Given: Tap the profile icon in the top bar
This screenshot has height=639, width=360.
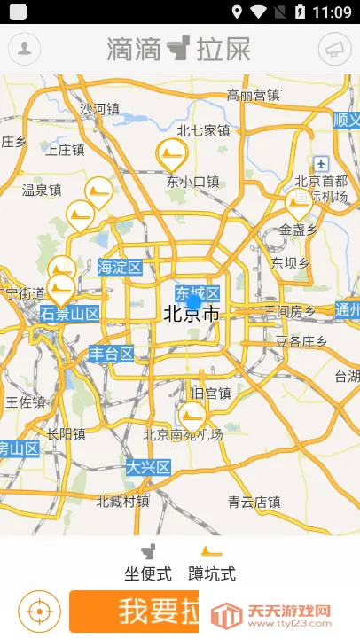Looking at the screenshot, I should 25,48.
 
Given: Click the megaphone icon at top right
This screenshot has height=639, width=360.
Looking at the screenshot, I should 333,48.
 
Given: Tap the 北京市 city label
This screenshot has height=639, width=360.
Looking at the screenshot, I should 192,313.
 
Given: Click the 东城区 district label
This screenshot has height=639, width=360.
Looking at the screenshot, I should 197,293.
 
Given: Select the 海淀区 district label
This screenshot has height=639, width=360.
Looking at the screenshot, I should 120,266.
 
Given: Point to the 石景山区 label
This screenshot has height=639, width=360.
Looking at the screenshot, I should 70,313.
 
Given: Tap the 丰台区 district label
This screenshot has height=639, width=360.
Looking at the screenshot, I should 111,354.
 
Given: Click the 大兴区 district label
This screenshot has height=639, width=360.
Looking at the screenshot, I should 147,467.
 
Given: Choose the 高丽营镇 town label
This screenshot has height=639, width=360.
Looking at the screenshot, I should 253,96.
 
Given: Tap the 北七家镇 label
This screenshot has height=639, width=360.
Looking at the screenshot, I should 203,130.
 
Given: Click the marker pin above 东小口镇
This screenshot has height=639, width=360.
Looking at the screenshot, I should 172,155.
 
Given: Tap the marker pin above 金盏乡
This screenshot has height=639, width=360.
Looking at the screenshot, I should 299,204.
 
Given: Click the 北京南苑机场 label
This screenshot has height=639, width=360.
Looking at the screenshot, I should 183,434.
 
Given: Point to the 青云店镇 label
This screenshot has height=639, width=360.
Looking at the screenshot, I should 254,502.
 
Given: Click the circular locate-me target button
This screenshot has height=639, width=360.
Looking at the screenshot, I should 38,612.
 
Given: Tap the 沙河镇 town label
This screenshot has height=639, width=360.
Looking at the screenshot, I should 98,109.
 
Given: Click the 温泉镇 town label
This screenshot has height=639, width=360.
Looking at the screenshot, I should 42,190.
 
